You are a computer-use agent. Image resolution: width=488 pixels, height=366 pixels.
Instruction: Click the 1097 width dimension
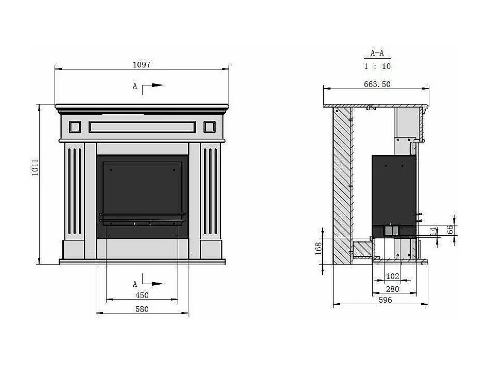click(x=142, y=64)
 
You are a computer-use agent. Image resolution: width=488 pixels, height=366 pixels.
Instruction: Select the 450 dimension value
click(x=142, y=295)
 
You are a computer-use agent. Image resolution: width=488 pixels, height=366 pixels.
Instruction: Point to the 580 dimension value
click(x=142, y=309)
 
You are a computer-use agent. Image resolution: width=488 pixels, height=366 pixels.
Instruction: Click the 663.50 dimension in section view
click(x=377, y=84)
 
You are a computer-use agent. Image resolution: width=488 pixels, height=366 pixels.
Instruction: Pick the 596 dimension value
click(x=385, y=300)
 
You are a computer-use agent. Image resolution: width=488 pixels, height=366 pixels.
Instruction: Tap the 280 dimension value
click(x=392, y=289)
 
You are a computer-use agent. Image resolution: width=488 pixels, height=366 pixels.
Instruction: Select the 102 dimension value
click(x=392, y=276)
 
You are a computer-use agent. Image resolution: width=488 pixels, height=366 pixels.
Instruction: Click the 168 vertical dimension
click(x=318, y=249)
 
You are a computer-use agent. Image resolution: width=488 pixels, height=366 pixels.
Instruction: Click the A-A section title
click(x=377, y=53)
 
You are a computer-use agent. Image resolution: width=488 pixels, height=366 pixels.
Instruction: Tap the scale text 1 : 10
click(x=377, y=66)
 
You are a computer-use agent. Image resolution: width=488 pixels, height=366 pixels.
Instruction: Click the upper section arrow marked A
click(x=148, y=86)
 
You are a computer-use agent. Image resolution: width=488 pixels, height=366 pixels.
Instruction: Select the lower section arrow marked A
click(x=148, y=283)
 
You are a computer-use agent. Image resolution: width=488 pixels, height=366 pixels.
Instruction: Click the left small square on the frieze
click(x=75, y=127)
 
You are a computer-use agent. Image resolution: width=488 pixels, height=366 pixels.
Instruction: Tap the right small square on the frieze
click(x=210, y=127)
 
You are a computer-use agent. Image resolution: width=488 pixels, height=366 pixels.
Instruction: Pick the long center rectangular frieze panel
click(x=142, y=127)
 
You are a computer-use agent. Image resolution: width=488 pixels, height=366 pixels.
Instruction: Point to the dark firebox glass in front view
click(x=142, y=190)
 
